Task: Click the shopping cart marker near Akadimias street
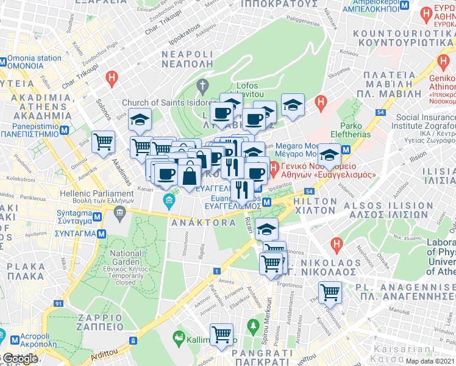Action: tap(103, 142)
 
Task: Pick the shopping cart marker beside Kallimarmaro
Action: tap(221, 334)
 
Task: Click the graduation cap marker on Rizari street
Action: tap(266, 229)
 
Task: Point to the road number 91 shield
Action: tap(58, 303)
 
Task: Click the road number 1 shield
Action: tap(216, 271)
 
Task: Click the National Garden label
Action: tap(126, 253)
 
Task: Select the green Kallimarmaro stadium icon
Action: tap(179, 337)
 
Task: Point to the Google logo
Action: tap(20, 359)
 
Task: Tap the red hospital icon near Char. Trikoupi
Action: tap(111, 77)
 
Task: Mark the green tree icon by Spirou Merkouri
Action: tap(253, 327)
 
